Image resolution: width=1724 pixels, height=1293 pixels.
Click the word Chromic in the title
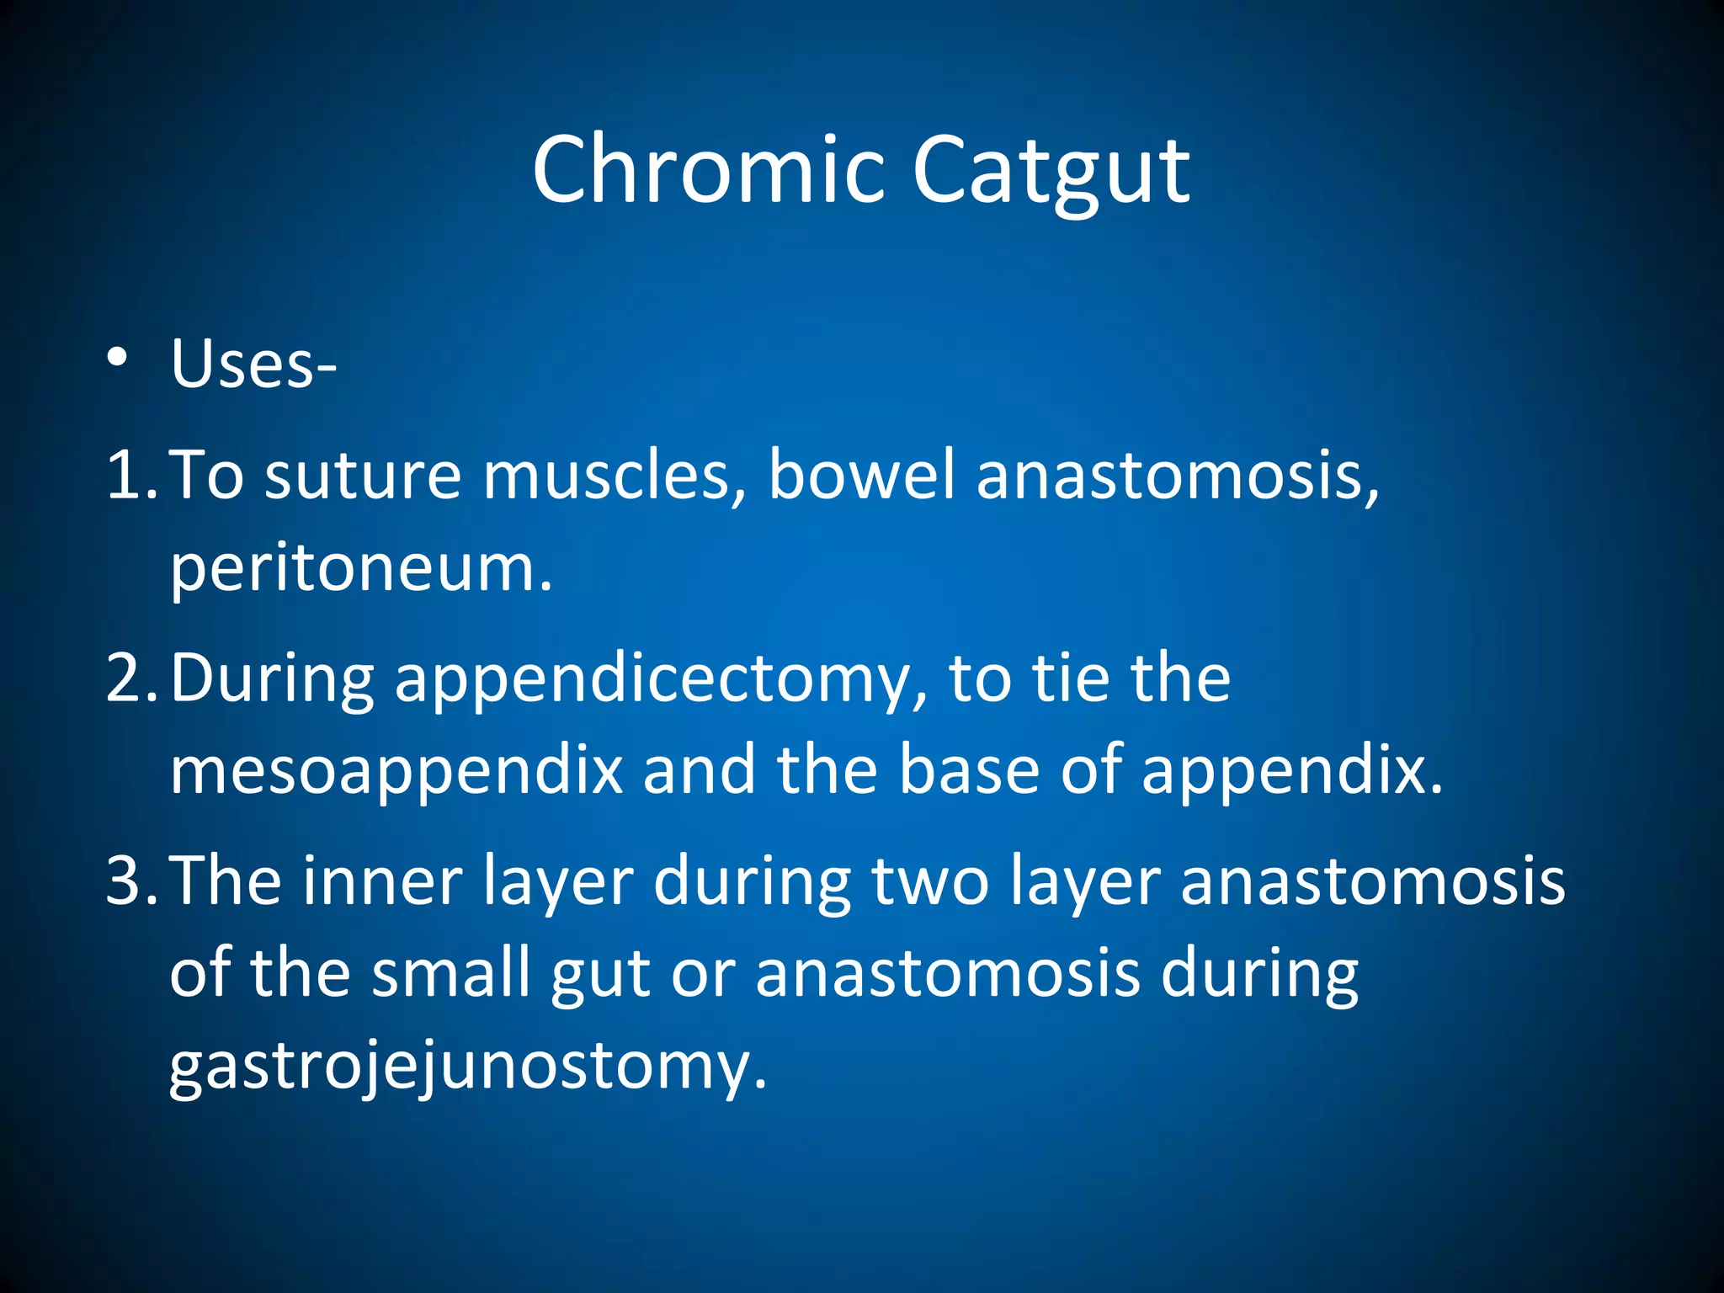[708, 171]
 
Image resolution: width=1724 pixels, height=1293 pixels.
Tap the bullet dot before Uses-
[117, 358]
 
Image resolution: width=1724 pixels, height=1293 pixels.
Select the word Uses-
[253, 365]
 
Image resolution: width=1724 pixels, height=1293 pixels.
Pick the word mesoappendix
[396, 773]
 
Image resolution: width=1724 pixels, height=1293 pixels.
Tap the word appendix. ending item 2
[1291, 773]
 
